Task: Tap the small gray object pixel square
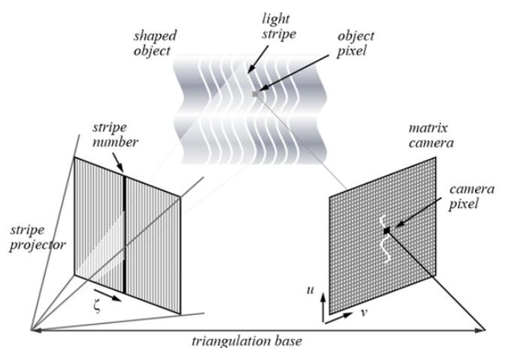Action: pyautogui.click(x=257, y=93)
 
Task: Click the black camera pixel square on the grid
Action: pyautogui.click(x=386, y=231)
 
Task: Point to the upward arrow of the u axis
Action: pyautogui.click(x=323, y=301)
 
